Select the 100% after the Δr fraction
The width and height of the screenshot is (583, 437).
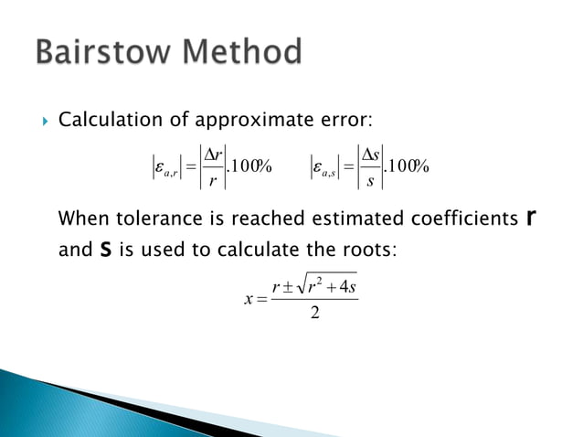click(x=248, y=166)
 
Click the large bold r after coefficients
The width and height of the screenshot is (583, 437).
click(x=531, y=218)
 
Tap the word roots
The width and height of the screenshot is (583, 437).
click(x=370, y=248)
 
